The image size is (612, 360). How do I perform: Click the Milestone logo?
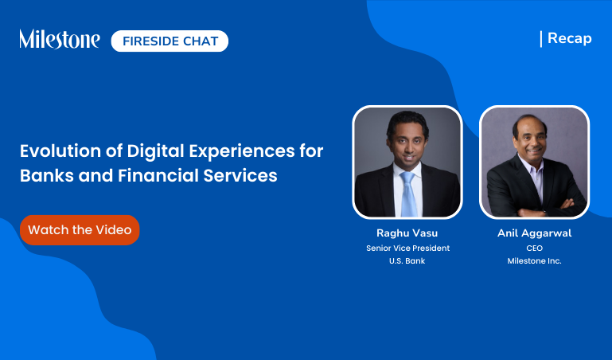(x=60, y=39)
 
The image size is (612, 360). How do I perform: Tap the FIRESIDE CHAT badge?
(x=170, y=41)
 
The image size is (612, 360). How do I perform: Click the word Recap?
(x=570, y=38)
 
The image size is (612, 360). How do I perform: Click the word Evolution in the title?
(x=57, y=151)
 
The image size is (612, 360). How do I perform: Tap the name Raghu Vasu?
(x=407, y=233)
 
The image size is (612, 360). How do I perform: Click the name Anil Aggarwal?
(x=534, y=233)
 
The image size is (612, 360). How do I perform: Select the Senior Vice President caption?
(x=407, y=248)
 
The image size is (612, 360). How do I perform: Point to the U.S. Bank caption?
(x=407, y=261)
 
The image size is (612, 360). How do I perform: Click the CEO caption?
(x=534, y=248)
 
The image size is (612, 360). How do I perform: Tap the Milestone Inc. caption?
(x=534, y=261)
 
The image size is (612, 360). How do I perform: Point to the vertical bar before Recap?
(x=541, y=38)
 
